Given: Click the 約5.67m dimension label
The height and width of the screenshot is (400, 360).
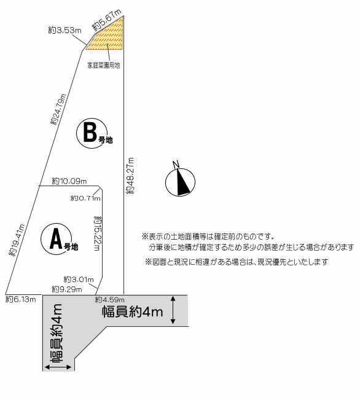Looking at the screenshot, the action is [x=106, y=20].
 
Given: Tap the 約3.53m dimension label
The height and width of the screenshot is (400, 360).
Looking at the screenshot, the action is [x=65, y=31].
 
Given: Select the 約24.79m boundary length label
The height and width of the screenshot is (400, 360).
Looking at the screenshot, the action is [x=58, y=109].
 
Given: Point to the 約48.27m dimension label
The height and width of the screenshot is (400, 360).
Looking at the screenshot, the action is [x=130, y=176].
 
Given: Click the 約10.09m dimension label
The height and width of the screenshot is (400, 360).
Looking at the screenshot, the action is [x=69, y=181].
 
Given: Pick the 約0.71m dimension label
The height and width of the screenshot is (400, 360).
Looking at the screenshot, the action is [x=85, y=198].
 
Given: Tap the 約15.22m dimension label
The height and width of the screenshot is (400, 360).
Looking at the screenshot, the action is [x=98, y=233].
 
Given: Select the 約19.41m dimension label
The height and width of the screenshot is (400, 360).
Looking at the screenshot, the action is [x=17, y=240].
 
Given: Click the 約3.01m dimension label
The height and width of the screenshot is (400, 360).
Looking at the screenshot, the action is [x=79, y=280].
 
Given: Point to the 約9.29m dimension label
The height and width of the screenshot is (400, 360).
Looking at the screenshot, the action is [x=67, y=289].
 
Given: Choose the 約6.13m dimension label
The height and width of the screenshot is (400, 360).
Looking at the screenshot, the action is [x=21, y=299].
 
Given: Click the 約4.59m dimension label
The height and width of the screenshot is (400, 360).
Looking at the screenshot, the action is [x=110, y=300].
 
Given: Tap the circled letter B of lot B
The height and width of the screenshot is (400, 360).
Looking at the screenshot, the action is [x=90, y=133].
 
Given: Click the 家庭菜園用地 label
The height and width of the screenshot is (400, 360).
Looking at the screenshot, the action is [x=104, y=66].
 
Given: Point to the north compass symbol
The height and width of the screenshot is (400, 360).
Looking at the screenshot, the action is [x=180, y=180].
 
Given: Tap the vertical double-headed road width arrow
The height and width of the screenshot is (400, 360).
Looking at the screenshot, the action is [x=173, y=310].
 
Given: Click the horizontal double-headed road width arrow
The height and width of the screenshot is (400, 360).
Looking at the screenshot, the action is [x=58, y=367].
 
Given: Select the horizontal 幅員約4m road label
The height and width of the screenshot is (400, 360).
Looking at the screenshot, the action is [x=133, y=312].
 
